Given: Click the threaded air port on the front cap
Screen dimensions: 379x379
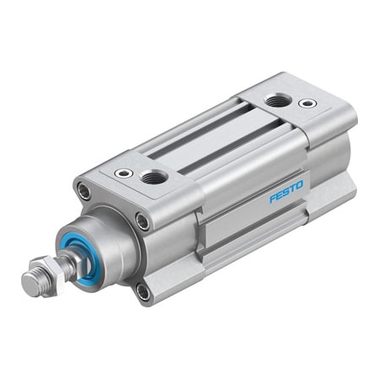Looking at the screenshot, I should click(x=154, y=177).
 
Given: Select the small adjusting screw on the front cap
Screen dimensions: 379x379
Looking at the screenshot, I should click(x=124, y=173).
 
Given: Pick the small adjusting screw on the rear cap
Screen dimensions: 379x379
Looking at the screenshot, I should click(x=307, y=104).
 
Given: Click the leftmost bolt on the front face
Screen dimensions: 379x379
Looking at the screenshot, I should click(x=84, y=192).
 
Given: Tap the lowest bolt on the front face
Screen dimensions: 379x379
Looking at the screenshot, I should click(x=142, y=291).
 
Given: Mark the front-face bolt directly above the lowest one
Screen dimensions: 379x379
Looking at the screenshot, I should click(x=142, y=222).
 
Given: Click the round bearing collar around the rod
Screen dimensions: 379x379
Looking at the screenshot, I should click(x=105, y=243).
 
